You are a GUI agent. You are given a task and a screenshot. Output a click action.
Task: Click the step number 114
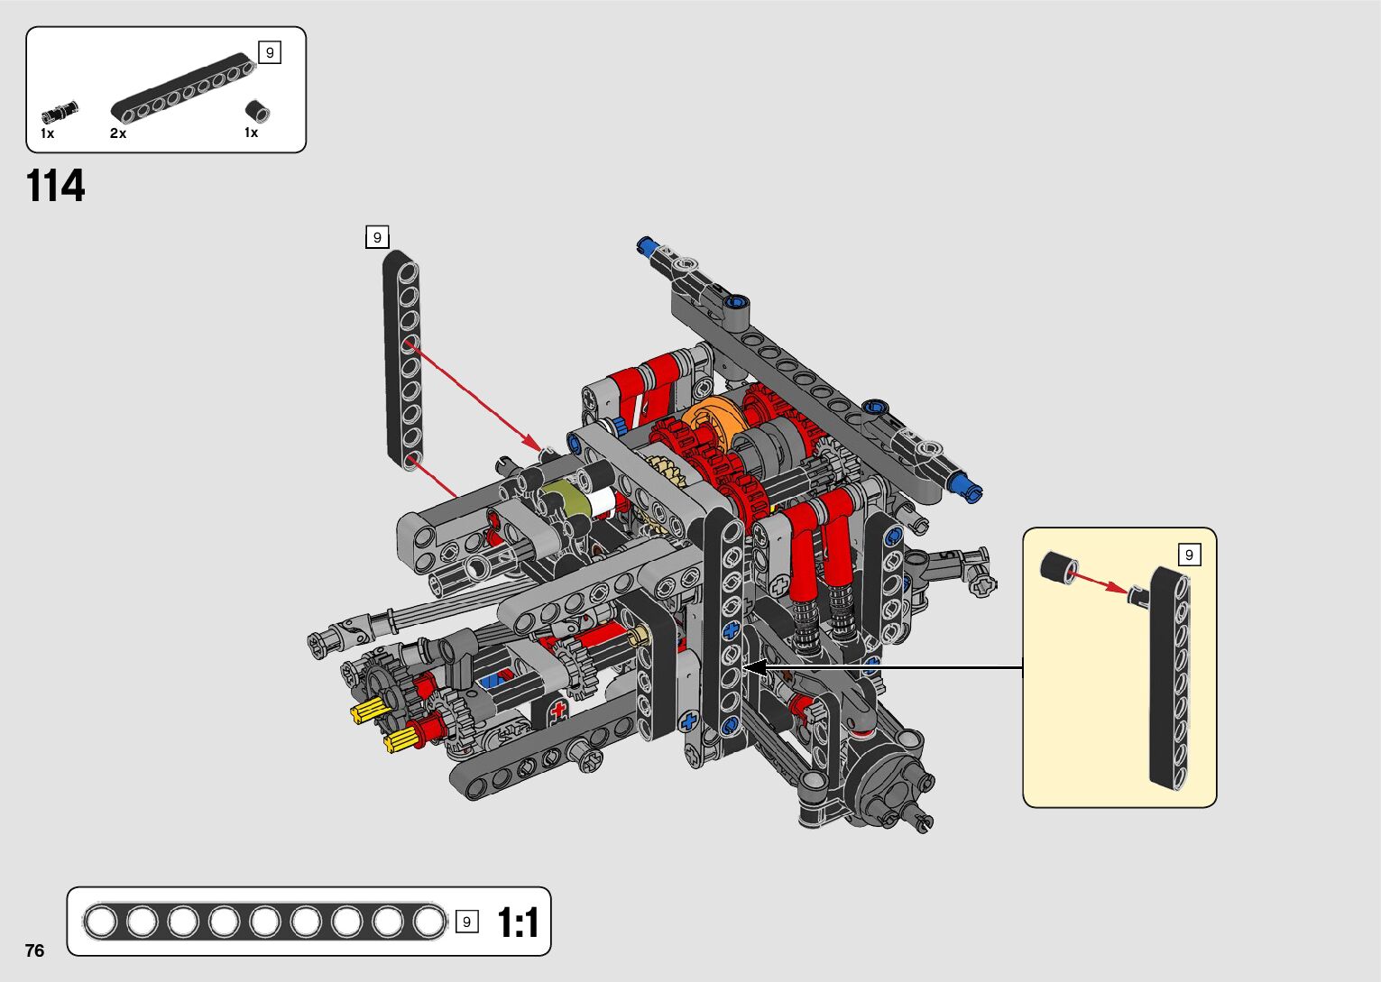click(x=56, y=186)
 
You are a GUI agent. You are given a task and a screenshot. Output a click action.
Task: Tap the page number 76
click(x=34, y=950)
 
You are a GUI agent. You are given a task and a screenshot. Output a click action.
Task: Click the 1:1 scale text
click(x=518, y=922)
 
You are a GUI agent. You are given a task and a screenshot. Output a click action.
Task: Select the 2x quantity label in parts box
click(x=118, y=133)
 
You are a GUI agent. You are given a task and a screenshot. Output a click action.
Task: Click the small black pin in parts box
click(x=60, y=112)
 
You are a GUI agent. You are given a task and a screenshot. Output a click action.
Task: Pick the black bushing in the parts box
click(x=257, y=111)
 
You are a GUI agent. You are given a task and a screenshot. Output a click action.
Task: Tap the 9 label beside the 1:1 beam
click(x=466, y=922)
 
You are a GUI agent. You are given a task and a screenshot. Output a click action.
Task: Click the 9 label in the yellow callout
click(x=1189, y=555)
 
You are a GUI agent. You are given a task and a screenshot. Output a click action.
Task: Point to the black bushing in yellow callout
click(x=1059, y=566)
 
